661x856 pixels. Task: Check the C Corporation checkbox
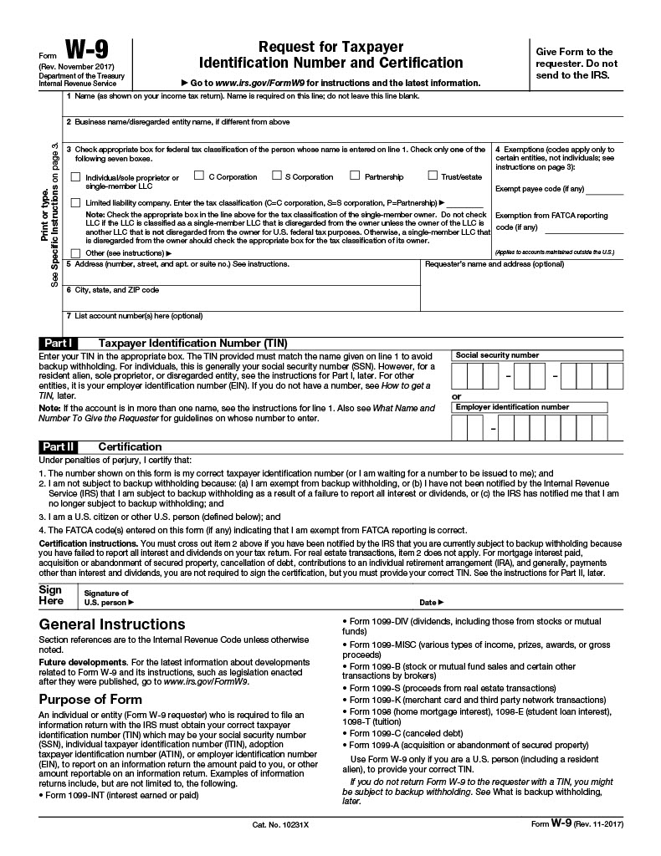(x=199, y=176)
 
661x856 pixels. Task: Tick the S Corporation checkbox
(x=276, y=176)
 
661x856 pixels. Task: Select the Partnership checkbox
(x=355, y=176)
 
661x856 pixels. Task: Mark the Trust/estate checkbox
(x=433, y=176)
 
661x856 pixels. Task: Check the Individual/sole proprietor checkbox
(x=76, y=177)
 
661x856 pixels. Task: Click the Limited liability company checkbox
(x=76, y=202)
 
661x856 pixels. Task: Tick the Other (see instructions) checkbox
(x=76, y=252)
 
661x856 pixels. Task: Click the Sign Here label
(x=51, y=594)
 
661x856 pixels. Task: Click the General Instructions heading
(x=112, y=624)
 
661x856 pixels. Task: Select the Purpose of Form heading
(x=89, y=699)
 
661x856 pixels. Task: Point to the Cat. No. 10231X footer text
(x=280, y=825)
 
